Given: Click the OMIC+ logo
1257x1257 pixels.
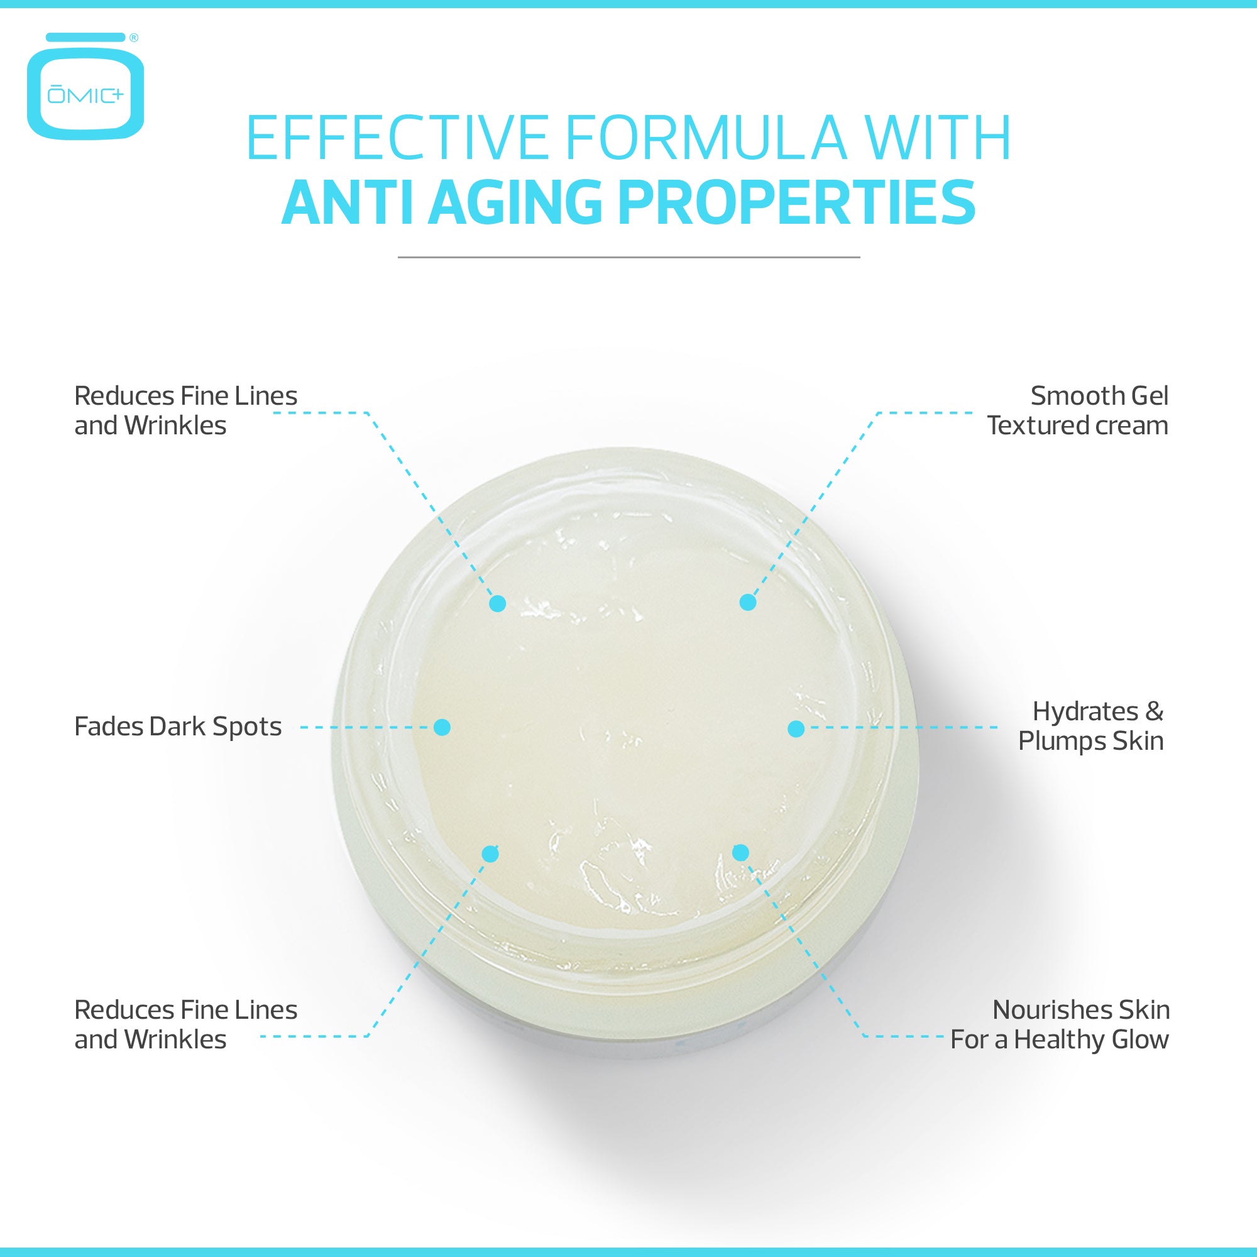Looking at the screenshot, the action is (x=85, y=86).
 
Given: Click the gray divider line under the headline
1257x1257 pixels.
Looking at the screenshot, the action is (x=628, y=257).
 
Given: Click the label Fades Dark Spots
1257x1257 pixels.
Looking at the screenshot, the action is (x=178, y=727).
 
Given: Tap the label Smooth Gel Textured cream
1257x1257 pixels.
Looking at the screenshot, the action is (x=1077, y=410).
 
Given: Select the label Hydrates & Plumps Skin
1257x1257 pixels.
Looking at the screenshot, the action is (x=1091, y=726).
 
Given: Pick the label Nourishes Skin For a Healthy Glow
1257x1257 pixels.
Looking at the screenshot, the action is (x=1060, y=1024).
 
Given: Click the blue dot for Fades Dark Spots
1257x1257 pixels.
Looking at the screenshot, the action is (x=442, y=727).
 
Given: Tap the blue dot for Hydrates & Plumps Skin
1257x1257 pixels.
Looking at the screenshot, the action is (x=796, y=728).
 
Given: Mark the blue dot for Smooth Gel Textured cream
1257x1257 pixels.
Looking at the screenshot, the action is (x=748, y=602).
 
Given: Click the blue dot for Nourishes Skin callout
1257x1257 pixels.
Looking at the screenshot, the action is (x=740, y=852).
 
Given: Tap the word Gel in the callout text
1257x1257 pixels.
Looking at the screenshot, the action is (x=1150, y=396).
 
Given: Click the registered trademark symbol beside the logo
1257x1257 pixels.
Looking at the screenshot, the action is (x=134, y=38).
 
